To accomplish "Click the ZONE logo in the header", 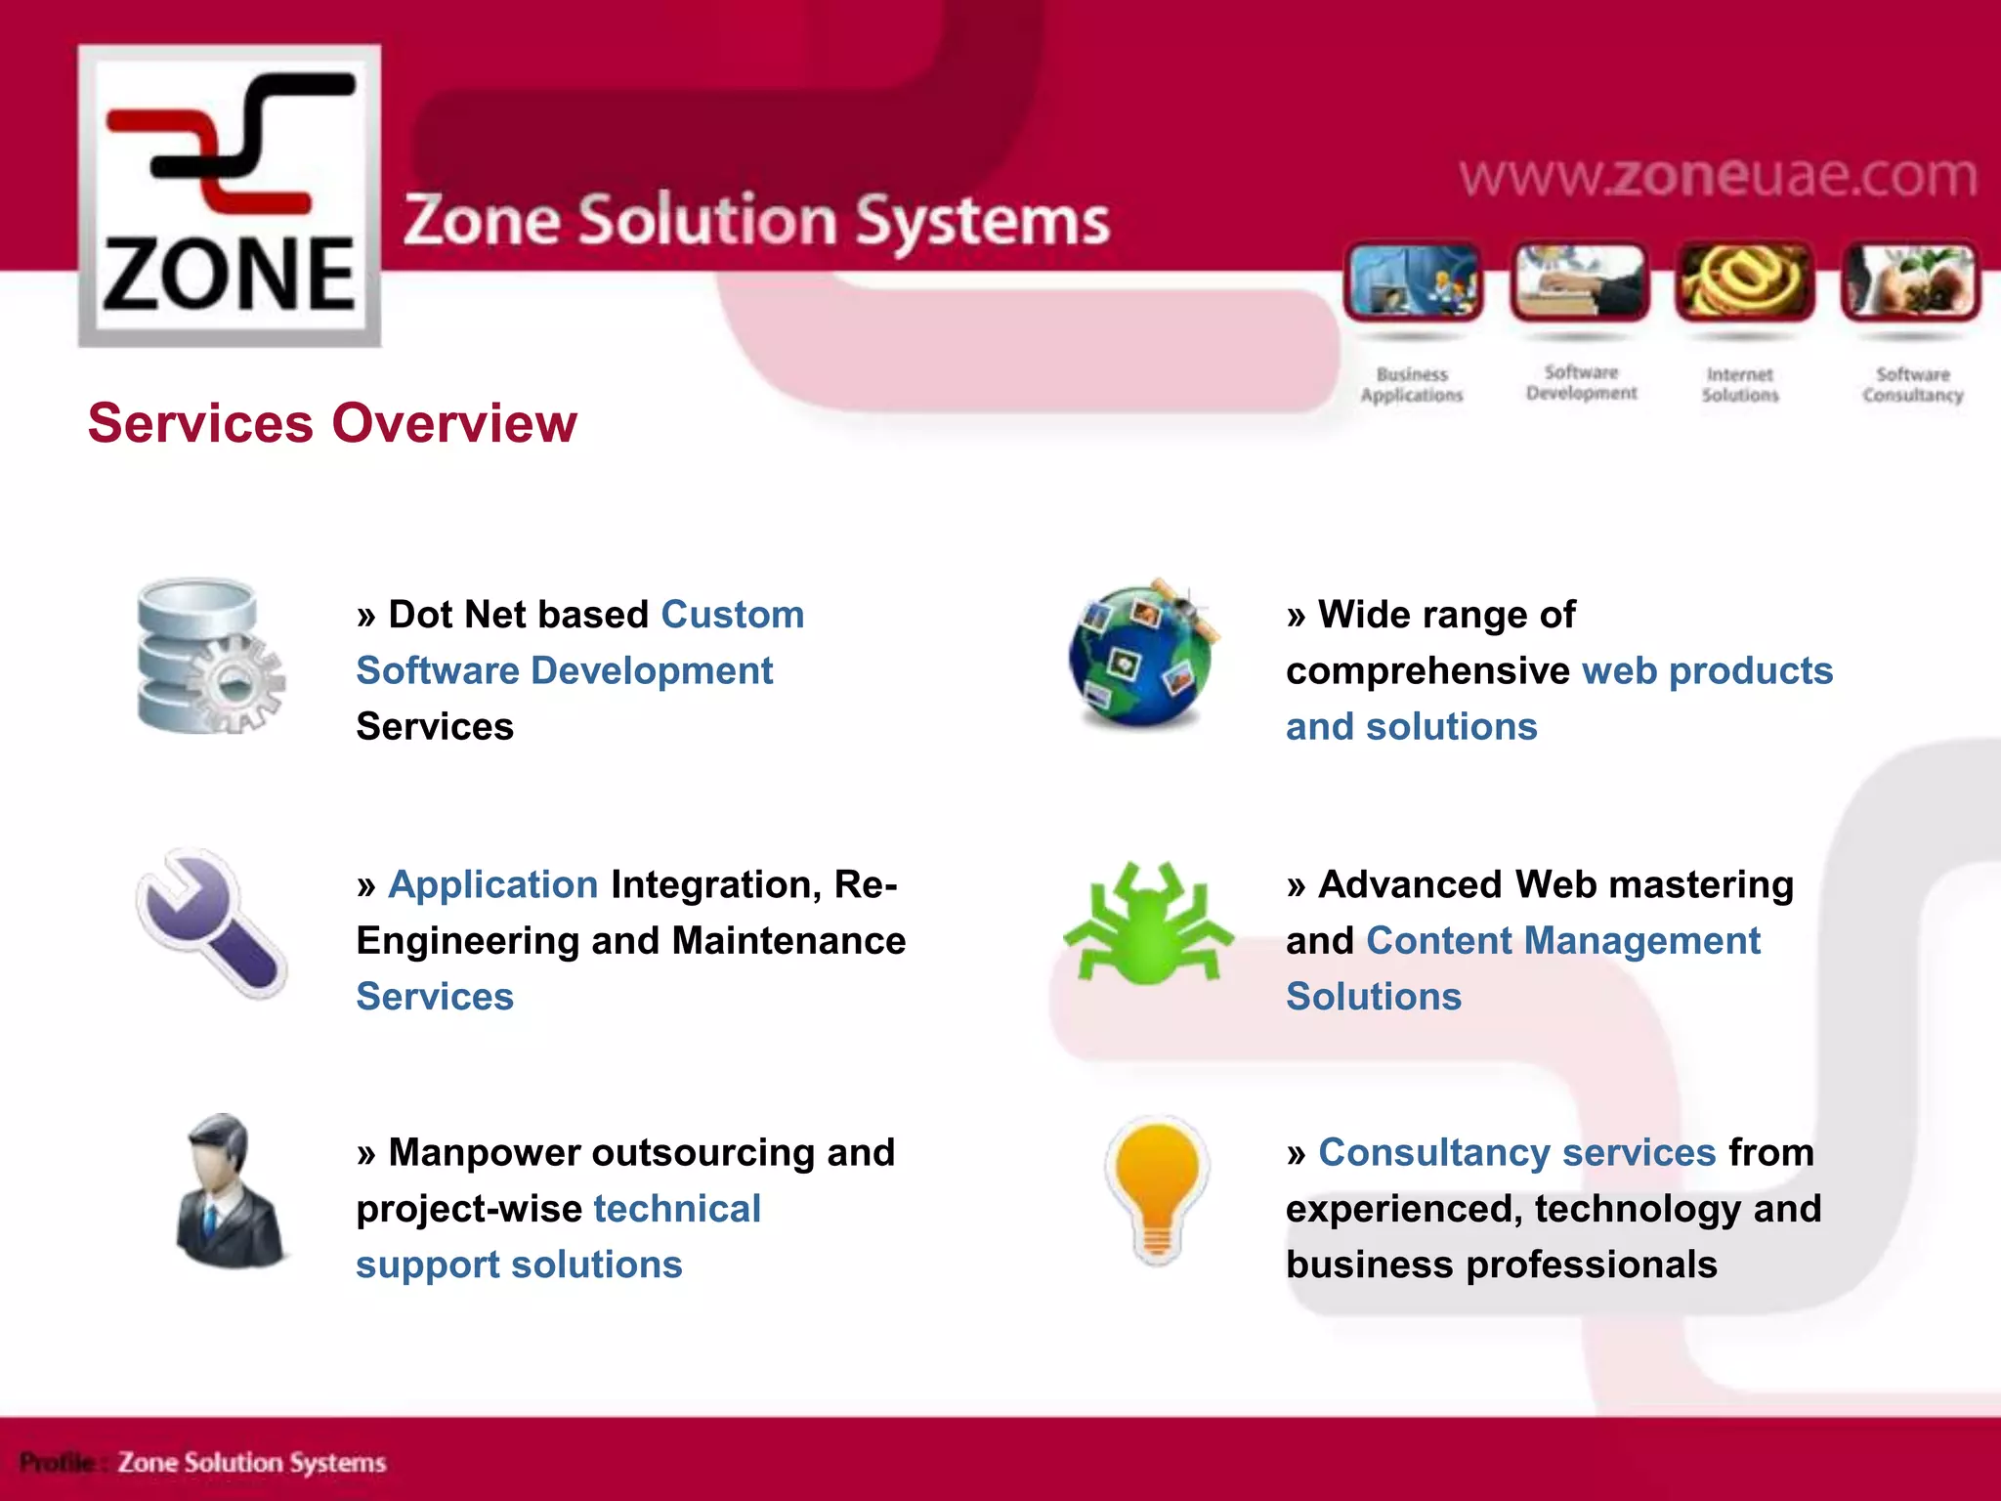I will pyautogui.click(x=230, y=195).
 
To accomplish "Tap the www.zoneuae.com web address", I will pyautogui.click(x=1718, y=176).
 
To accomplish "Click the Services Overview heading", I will pyautogui.click(x=332, y=423).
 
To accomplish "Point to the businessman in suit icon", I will pyautogui.click(x=230, y=1192).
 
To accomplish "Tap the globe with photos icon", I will pyautogui.click(x=1141, y=653).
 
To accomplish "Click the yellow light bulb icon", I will pyautogui.click(x=1157, y=1190).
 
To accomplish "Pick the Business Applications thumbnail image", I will pyautogui.click(x=1413, y=282).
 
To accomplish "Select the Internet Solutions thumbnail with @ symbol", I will pyautogui.click(x=1744, y=282).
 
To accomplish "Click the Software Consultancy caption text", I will pyautogui.click(x=1912, y=385).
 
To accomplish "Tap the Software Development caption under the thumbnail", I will pyautogui.click(x=1581, y=383).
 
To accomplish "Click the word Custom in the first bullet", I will pyautogui.click(x=733, y=616).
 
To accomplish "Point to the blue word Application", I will pyautogui.click(x=493, y=885).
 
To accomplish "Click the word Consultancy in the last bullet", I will pyautogui.click(x=1433, y=1153).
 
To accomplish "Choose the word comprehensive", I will pyautogui.click(x=1427, y=671).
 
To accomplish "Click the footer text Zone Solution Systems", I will pyautogui.click(x=252, y=1463).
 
